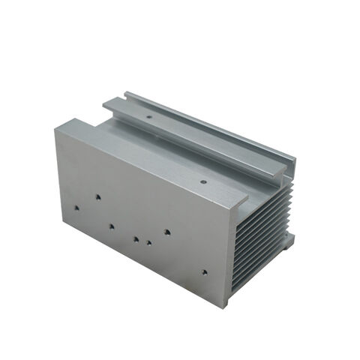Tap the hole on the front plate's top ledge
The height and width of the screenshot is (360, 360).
[x=204, y=181]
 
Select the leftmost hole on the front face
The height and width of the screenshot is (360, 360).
[x=76, y=202]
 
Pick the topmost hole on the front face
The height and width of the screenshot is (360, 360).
[x=97, y=197]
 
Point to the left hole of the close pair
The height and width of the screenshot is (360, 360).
[x=136, y=239]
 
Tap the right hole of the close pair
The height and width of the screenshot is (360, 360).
[x=150, y=242]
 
